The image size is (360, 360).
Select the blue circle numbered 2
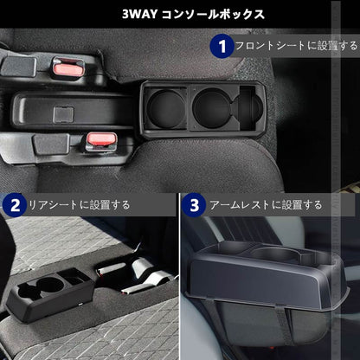[x=14, y=205]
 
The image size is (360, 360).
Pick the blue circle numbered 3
[x=194, y=205]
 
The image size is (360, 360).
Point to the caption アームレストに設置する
[x=260, y=205]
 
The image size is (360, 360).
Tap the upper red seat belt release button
[x=62, y=66]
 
